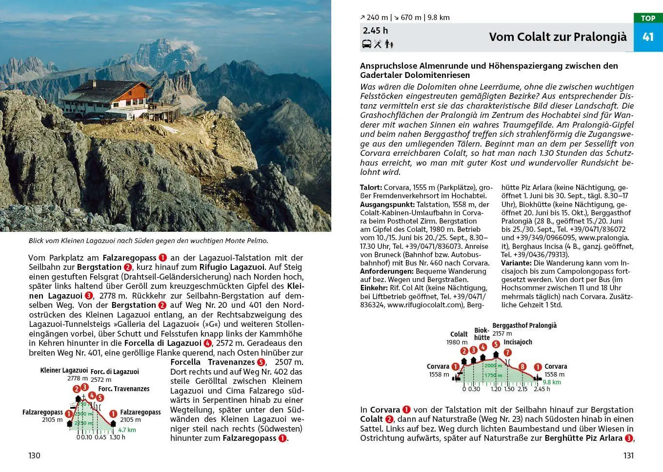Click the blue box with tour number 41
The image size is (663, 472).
(x=648, y=38)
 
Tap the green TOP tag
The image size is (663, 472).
(x=648, y=18)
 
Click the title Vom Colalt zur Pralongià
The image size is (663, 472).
(x=558, y=37)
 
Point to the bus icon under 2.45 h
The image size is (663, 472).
(x=366, y=44)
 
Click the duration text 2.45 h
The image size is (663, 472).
(x=375, y=31)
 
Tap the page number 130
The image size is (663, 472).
(x=34, y=455)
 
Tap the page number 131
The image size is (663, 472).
(x=628, y=455)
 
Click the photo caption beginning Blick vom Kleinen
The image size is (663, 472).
(x=148, y=241)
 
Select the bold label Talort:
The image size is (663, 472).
(x=371, y=188)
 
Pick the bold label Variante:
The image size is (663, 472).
(x=516, y=263)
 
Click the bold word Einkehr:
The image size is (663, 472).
(x=374, y=288)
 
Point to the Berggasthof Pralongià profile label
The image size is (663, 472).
(x=524, y=325)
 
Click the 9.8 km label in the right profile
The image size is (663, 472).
(x=551, y=382)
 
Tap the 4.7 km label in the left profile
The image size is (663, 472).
(x=127, y=430)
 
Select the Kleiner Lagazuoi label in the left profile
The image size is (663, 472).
(x=64, y=371)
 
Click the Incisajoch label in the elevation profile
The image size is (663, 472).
(x=518, y=342)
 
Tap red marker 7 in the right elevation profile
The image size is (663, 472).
(x=507, y=353)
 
